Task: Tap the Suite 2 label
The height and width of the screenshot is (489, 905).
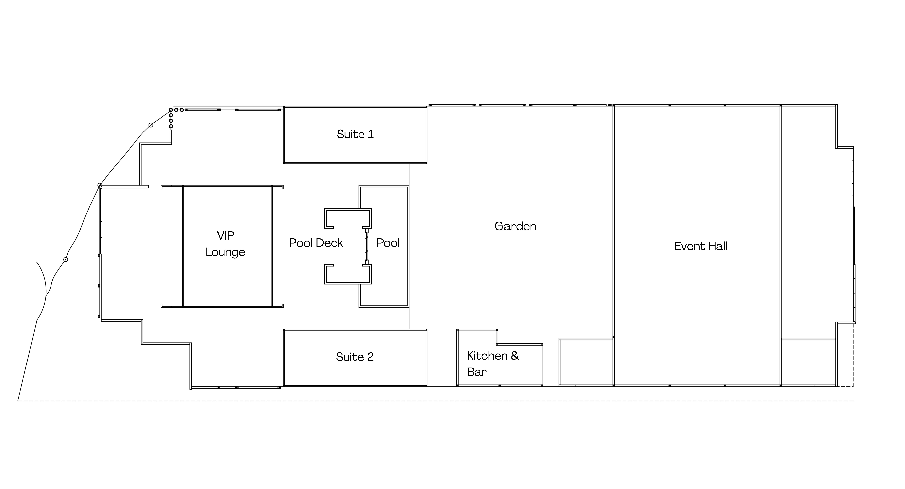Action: [x=355, y=357]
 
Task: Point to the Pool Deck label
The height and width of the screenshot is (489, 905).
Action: [x=316, y=243]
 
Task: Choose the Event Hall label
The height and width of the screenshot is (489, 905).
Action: [x=701, y=246]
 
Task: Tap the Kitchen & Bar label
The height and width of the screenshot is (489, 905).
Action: [x=493, y=364]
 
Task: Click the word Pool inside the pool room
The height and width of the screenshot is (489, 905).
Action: [x=388, y=243]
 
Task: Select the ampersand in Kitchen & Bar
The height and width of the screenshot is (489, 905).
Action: [x=515, y=356]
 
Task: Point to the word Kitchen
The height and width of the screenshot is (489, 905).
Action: [x=487, y=356]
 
